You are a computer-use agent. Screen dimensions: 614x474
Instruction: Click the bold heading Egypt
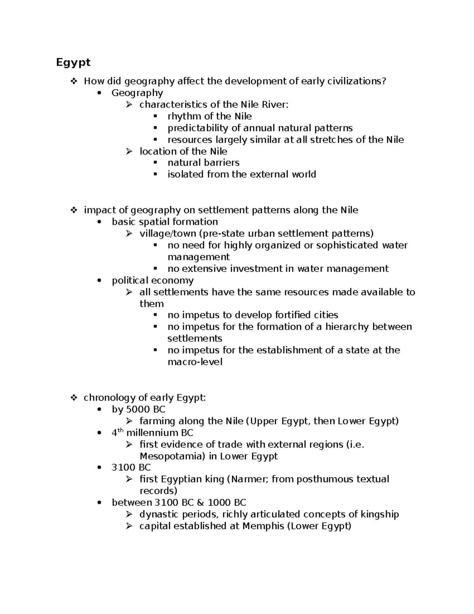73,62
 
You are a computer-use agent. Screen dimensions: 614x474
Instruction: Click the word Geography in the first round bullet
137,93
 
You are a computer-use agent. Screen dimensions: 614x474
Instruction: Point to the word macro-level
195,362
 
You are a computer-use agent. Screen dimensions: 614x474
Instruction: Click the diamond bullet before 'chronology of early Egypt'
73,398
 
